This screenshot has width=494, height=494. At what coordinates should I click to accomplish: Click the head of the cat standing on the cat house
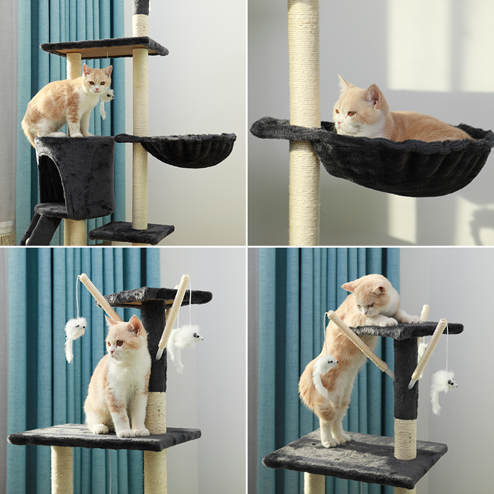click(x=98, y=80)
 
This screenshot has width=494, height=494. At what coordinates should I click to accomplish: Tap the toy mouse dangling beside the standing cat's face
click(x=107, y=96)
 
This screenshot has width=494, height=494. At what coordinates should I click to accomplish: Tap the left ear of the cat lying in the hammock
click(x=343, y=83)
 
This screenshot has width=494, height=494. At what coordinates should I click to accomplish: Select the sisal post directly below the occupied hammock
click(x=304, y=198)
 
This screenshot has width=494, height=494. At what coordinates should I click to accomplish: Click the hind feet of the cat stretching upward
click(x=333, y=440)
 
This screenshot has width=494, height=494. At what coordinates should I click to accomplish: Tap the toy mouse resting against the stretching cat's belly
click(x=324, y=371)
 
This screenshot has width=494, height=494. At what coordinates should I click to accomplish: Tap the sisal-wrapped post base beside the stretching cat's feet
click(x=405, y=438)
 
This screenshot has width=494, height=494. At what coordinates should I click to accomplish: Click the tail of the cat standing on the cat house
click(x=28, y=133)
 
